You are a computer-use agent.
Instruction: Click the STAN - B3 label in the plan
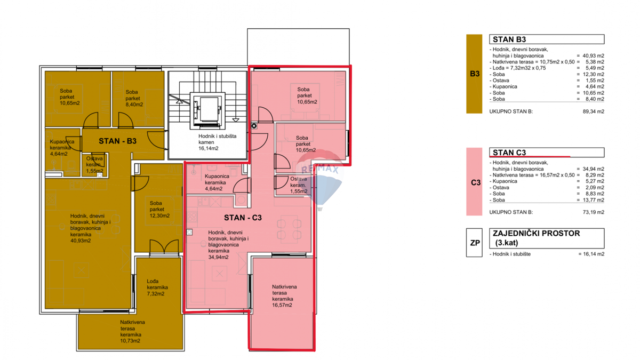click(x=118, y=142)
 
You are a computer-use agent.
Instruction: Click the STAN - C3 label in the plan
click(x=243, y=218)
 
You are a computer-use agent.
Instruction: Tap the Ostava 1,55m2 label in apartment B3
click(x=97, y=165)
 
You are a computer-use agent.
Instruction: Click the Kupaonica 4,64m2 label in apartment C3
click(x=217, y=182)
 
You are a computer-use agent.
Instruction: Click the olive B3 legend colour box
click(x=474, y=74)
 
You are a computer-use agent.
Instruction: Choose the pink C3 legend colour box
click(x=474, y=182)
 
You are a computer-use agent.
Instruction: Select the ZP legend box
click(x=474, y=243)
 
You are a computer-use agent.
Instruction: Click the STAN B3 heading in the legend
click(x=510, y=39)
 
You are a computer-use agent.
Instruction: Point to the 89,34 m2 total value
click(x=593, y=111)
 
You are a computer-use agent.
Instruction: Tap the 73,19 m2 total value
click(x=593, y=212)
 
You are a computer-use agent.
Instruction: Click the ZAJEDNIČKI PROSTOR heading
click(x=536, y=234)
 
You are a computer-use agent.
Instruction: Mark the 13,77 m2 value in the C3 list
click(x=593, y=200)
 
